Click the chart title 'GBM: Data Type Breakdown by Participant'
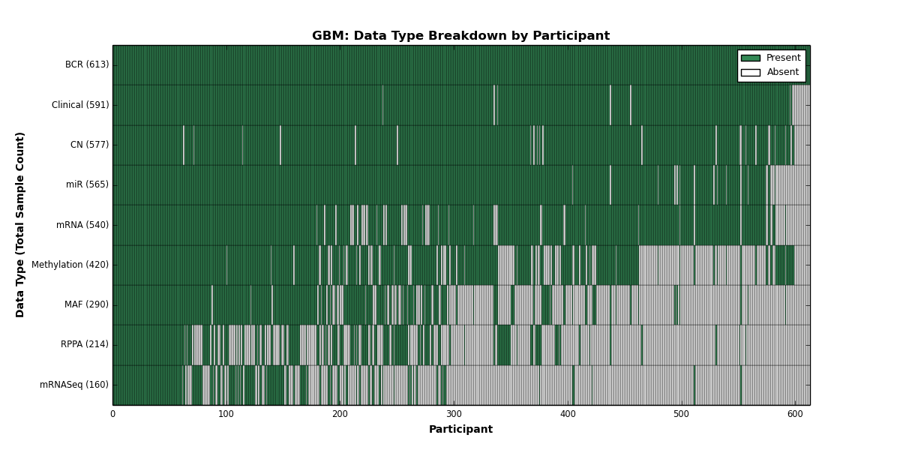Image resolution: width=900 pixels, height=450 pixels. [460, 36]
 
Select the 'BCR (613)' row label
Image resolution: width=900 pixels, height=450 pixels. [87, 64]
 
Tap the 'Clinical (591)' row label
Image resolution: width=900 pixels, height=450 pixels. [80, 105]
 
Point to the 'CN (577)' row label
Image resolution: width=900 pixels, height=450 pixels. [89, 145]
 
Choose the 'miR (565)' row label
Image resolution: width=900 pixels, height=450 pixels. [87, 184]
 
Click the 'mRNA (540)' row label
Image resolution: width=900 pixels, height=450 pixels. [82, 224]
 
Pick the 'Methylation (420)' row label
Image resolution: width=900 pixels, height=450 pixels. [70, 265]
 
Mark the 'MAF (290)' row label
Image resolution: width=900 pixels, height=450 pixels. [86, 304]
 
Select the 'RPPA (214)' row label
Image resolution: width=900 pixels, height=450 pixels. [84, 344]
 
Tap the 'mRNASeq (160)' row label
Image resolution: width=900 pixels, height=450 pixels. [74, 385]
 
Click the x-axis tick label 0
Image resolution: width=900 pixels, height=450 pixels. [113, 414]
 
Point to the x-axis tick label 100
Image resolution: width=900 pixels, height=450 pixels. [226, 414]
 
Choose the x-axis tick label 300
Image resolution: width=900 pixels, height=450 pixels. [454, 414]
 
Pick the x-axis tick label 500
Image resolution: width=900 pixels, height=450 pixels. [682, 414]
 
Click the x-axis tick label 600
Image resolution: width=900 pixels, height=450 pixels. [795, 414]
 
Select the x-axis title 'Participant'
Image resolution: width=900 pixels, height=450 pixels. [460, 430]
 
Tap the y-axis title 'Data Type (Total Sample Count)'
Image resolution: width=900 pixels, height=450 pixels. [19, 225]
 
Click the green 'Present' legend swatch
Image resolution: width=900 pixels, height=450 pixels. [751, 58]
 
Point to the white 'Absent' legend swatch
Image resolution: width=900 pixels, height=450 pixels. [751, 73]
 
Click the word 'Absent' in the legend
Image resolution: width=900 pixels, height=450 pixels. [783, 72]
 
